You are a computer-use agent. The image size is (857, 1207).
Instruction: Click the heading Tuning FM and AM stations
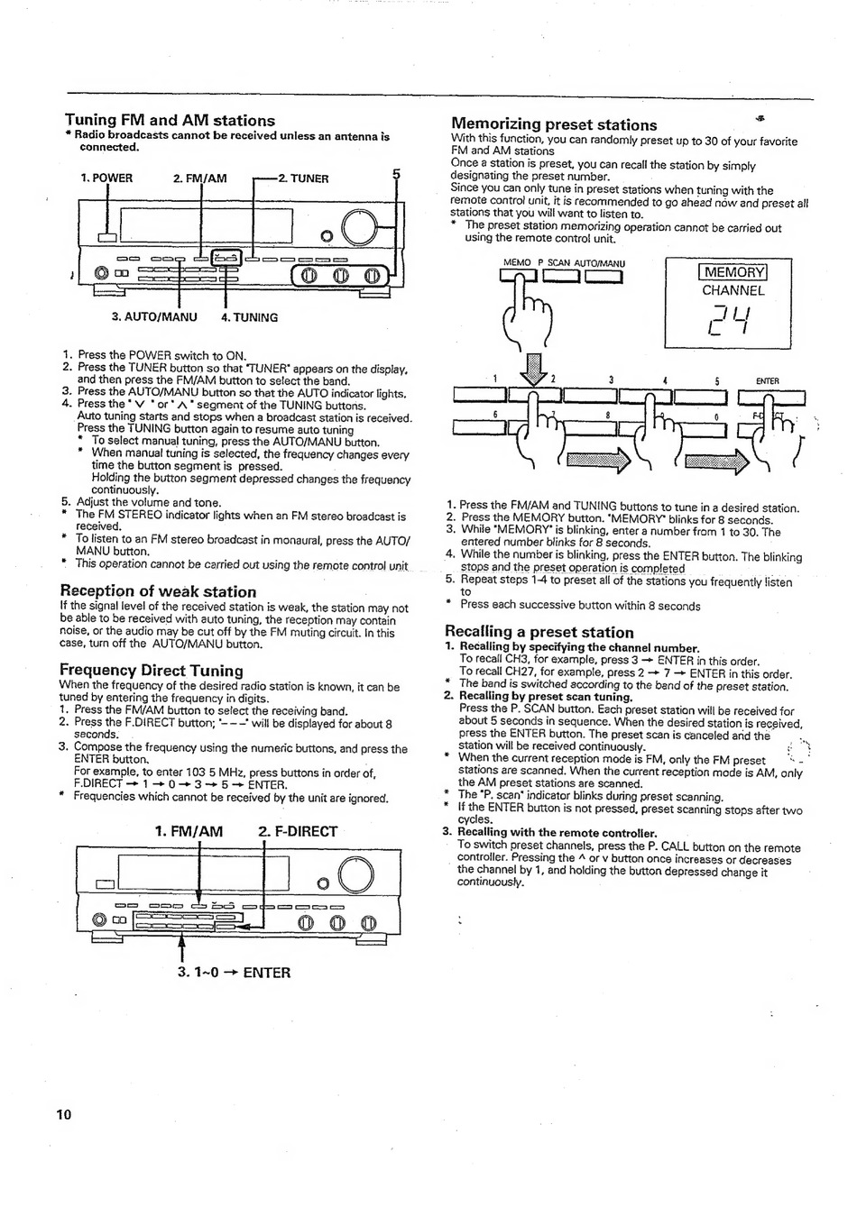(170, 120)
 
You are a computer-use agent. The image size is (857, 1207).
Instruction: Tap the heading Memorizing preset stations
(554, 124)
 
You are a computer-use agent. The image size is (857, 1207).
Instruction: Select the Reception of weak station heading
(158, 591)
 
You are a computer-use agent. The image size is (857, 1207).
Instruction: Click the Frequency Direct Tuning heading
(152, 670)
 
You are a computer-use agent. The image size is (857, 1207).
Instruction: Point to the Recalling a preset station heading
(539, 632)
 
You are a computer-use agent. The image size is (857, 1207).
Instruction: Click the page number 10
(63, 1114)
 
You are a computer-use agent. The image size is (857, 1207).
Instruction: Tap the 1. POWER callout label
(106, 178)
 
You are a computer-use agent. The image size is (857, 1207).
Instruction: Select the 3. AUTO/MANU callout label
(154, 317)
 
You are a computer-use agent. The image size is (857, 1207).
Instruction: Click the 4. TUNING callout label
(249, 317)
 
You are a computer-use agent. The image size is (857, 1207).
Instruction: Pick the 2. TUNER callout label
(303, 178)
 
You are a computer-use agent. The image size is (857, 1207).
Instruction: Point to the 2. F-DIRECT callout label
(298, 831)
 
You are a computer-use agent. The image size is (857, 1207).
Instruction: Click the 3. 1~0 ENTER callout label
(235, 973)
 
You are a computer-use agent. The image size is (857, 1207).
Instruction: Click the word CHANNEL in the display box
(733, 290)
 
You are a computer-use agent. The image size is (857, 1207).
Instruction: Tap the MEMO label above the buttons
(517, 263)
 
